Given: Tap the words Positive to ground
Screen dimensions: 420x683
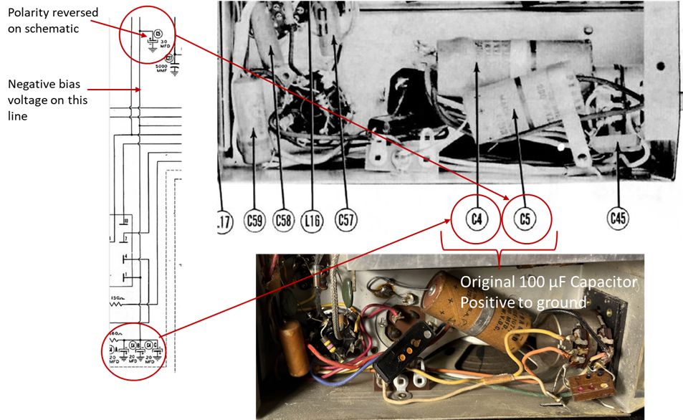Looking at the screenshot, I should (523, 302).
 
